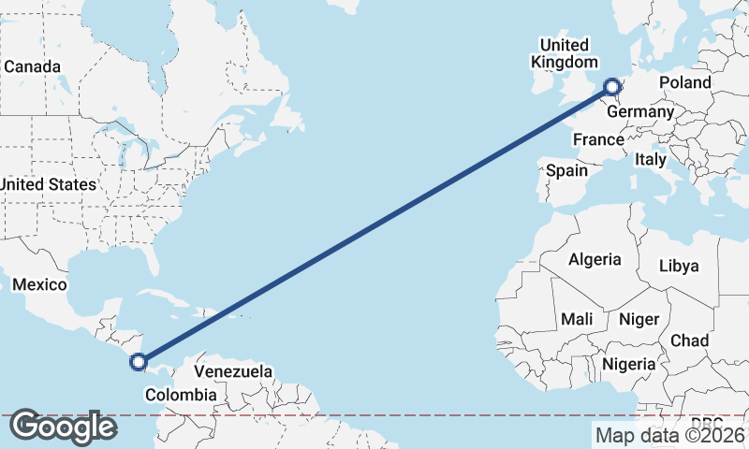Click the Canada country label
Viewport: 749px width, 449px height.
coord(32,67)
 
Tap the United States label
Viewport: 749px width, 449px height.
coord(48,184)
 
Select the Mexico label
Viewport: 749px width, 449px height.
coord(39,284)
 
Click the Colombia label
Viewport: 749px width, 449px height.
coord(180,395)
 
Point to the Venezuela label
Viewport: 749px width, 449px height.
coord(233,371)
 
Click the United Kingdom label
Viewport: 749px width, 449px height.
coord(564,53)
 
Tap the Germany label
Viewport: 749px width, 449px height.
coord(640,112)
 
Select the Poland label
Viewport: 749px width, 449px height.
coord(684,82)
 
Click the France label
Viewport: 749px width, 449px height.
coord(598,139)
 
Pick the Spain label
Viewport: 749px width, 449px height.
coord(566,170)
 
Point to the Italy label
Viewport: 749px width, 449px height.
coord(651,160)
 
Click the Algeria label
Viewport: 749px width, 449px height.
coord(595,259)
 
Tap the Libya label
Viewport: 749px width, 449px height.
coord(679,266)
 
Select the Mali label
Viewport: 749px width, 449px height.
coord(577,319)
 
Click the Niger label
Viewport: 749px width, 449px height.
coord(639,319)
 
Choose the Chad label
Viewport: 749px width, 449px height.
coord(689,340)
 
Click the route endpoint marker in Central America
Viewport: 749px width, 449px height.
coord(139,361)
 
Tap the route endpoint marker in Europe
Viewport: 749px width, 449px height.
coord(612,88)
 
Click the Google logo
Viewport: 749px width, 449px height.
coord(63,427)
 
